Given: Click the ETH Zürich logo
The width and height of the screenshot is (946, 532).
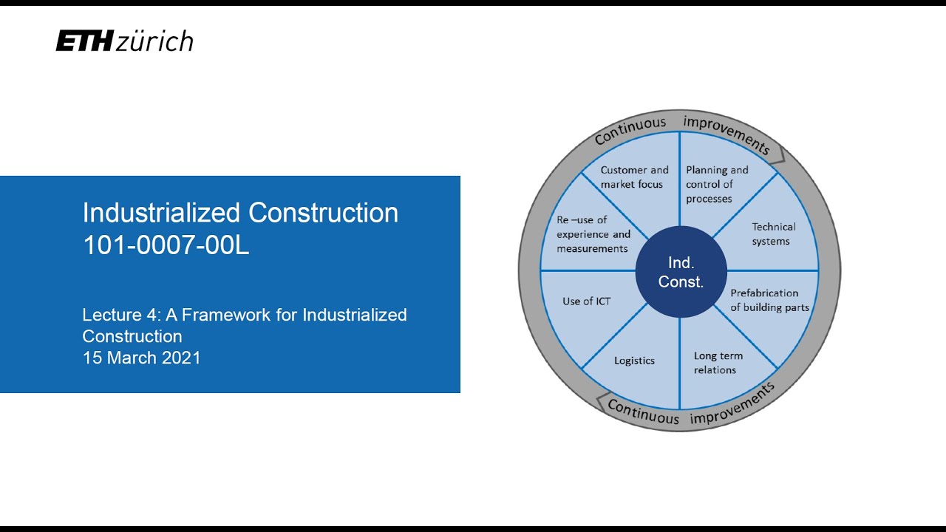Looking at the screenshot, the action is (124, 41).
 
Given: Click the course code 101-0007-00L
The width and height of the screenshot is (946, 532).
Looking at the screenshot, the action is (166, 246).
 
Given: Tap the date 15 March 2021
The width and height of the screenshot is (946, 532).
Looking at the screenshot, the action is (141, 358).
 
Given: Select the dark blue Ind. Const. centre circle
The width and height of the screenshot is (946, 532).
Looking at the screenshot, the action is (681, 272).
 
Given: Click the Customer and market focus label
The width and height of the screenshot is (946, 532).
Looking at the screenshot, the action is (634, 177).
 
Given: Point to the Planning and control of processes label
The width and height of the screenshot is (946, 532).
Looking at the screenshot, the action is (717, 184).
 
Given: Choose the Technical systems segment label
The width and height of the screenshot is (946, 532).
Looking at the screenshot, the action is (773, 234).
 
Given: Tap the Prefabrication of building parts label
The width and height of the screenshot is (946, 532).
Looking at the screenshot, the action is (769, 300).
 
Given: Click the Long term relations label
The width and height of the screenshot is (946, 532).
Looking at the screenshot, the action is (718, 363).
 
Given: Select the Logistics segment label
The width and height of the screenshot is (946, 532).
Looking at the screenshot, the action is (634, 361).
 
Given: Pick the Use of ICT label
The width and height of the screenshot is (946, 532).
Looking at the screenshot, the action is (586, 301).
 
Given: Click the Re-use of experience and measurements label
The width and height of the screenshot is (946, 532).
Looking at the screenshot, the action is (593, 234).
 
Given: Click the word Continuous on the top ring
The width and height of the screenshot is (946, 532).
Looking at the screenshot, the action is (630, 131).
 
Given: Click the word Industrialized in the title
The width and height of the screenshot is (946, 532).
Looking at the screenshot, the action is (162, 213).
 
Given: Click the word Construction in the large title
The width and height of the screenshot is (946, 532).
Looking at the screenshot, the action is (323, 213).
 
